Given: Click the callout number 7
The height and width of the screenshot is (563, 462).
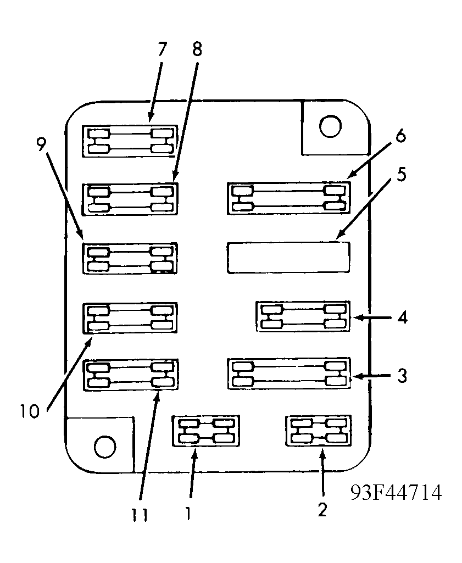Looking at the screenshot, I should [x=161, y=50].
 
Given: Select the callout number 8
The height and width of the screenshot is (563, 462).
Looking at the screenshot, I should [x=197, y=50].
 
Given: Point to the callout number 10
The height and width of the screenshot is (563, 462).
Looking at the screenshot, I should [x=30, y=411].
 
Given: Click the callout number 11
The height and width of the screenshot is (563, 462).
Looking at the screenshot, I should [x=140, y=517].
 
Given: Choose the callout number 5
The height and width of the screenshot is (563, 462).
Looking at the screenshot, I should [x=402, y=175].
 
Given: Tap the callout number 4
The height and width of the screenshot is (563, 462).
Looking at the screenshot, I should [x=402, y=317].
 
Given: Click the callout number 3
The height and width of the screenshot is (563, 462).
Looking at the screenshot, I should [x=402, y=376].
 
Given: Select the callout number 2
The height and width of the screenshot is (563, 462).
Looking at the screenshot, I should [x=322, y=509].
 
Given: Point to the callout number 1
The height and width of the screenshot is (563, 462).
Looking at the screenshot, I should [x=188, y=513].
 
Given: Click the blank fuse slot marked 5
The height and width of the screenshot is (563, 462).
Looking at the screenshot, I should [x=288, y=257].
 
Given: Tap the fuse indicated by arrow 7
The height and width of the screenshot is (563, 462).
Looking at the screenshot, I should [x=130, y=141].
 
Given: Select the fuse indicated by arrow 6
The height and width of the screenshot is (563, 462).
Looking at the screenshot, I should [x=288, y=198].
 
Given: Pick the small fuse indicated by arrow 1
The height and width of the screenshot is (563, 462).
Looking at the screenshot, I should [x=206, y=431].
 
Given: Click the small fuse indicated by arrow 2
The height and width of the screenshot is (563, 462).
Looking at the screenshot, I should [x=319, y=431].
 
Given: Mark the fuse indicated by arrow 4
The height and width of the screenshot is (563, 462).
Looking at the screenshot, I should [x=303, y=316].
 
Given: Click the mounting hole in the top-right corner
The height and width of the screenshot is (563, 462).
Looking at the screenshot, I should [x=330, y=127].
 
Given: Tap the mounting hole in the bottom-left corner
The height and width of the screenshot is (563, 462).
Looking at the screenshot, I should [x=104, y=446].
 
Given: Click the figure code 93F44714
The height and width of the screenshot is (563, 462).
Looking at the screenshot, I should [x=396, y=492].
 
